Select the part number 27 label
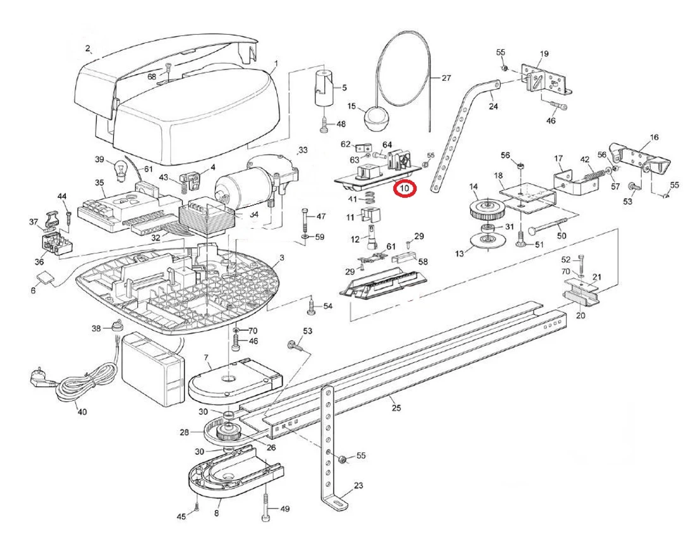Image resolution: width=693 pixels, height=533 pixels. pyautogui.click(x=446, y=79)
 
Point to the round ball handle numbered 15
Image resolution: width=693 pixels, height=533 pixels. pyautogui.click(x=374, y=119)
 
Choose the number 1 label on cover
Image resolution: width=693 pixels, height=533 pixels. pyautogui.click(x=276, y=63)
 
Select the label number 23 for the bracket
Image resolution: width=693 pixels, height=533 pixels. pyautogui.click(x=359, y=486)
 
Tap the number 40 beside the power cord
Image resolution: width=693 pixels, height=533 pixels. pyautogui.click(x=82, y=412)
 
